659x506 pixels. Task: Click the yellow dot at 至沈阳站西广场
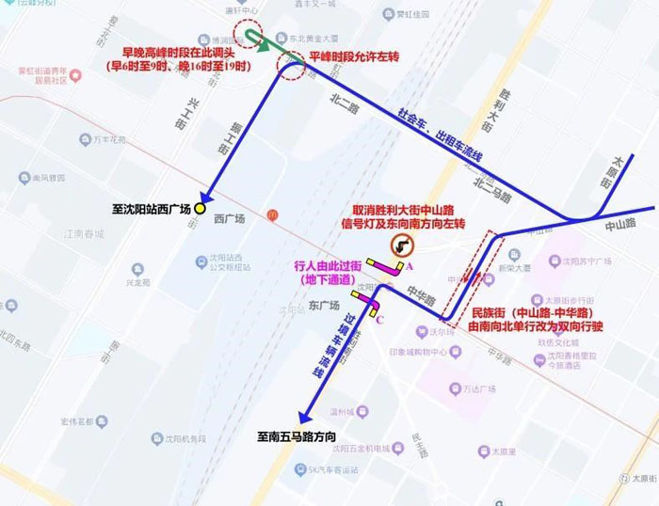pos(201,210)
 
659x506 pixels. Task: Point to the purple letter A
pos(408,267)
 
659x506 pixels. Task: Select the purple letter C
pos(379,319)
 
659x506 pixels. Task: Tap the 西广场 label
pos(229,219)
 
